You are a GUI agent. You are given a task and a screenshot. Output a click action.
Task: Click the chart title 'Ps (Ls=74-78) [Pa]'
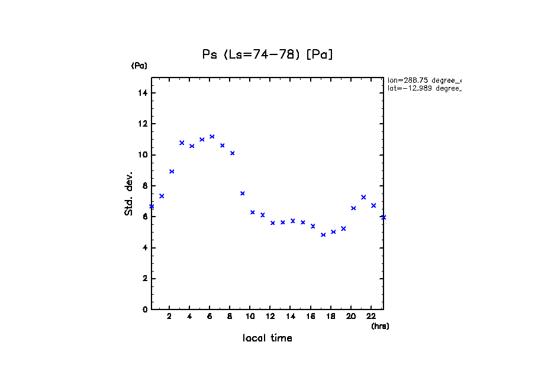(x=267, y=54)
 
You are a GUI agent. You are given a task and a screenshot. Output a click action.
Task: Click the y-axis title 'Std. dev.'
(x=128, y=193)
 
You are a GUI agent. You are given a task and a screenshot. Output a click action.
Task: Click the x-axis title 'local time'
(x=267, y=338)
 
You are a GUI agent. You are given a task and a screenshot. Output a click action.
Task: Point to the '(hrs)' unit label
(x=380, y=326)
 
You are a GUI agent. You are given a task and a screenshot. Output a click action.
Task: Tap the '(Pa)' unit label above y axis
(x=139, y=66)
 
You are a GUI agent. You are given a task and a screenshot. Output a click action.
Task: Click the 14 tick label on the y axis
(x=143, y=93)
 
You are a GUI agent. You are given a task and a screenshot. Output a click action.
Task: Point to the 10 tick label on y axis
(x=143, y=155)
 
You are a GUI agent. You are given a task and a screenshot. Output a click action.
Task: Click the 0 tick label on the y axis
(x=144, y=309)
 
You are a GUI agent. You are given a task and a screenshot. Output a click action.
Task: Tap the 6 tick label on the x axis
(x=210, y=317)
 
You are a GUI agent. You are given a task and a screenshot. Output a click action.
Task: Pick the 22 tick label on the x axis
(x=370, y=317)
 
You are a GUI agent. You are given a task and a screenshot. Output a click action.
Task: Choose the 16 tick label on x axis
(x=310, y=317)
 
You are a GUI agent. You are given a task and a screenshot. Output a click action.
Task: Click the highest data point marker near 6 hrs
(x=212, y=137)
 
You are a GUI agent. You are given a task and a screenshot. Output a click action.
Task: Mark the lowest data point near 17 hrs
(x=323, y=235)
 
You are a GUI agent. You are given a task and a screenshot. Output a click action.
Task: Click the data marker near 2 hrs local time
(x=172, y=172)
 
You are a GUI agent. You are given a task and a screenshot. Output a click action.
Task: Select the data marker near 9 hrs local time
(x=242, y=193)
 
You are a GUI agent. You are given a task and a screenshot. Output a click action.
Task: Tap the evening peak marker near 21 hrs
(x=363, y=197)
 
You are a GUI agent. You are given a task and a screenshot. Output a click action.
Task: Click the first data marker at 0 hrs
(x=152, y=207)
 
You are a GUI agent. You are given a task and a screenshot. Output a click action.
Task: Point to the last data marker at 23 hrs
(x=383, y=217)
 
